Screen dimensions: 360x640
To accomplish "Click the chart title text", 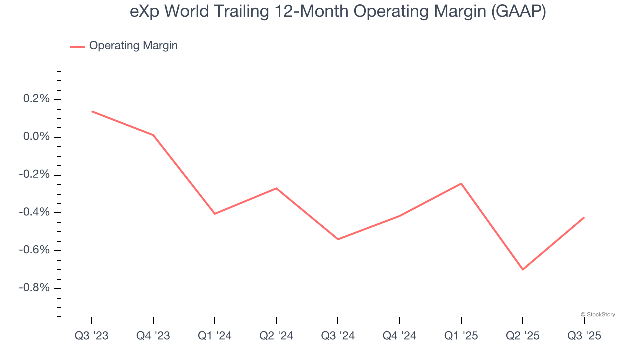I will coord(338,12).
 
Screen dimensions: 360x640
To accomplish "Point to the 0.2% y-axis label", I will coord(37,99).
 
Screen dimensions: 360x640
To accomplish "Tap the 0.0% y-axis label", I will coord(37,137).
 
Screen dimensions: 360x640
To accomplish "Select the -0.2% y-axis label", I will coord(35,175).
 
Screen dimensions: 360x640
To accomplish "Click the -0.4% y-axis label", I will coord(35,212).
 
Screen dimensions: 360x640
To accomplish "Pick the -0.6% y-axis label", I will coord(35,250).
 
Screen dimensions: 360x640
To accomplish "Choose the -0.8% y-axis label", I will coord(35,288).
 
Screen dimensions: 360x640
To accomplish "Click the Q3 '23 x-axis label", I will coord(92,336).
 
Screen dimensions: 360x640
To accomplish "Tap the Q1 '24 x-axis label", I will coord(215,336).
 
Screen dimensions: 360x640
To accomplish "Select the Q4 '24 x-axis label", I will coord(399,336).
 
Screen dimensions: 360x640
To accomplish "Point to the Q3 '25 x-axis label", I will coord(584,336).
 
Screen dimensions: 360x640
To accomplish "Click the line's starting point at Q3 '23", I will coord(92,111).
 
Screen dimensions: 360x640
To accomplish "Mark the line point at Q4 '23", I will coord(153,135).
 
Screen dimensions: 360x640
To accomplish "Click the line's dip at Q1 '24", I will coord(215,214).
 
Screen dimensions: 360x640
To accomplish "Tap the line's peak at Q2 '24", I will coord(276,188).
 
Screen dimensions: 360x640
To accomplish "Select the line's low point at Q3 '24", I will coord(338,239).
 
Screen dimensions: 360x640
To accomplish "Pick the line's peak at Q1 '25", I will coord(461,183).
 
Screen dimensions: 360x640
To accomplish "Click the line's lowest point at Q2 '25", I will coord(522,270).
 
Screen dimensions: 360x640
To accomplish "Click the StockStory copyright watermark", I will coord(598,314).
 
